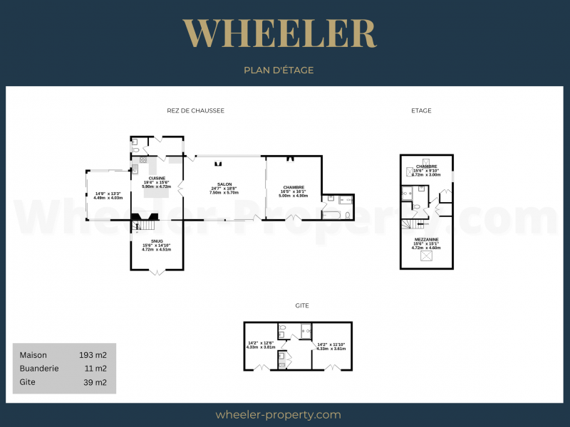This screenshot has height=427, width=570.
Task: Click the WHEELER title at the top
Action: pos(279,33)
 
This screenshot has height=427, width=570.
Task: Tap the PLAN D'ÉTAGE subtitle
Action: pos(279,70)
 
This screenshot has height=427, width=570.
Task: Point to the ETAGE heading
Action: pos(421,110)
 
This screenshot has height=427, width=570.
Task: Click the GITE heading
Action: pos(302,305)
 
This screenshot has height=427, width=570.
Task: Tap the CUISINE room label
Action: pos(157,178)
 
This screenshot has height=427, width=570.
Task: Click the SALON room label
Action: pos(223,184)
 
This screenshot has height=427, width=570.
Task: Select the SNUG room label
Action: pos(157,241)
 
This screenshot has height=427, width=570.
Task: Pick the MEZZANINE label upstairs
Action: pos(426,238)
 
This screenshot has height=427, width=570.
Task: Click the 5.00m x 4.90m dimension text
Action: pos(293,196)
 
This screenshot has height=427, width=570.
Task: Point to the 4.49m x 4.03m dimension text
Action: pos(108,198)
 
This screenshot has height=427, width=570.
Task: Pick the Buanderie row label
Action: pos(39,369)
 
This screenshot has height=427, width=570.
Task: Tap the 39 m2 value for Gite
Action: pos(95,382)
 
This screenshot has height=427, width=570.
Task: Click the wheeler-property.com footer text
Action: pos(278,415)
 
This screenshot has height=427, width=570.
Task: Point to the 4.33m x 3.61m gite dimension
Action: pos(331,349)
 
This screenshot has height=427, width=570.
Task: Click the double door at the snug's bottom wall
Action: pos(157,270)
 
